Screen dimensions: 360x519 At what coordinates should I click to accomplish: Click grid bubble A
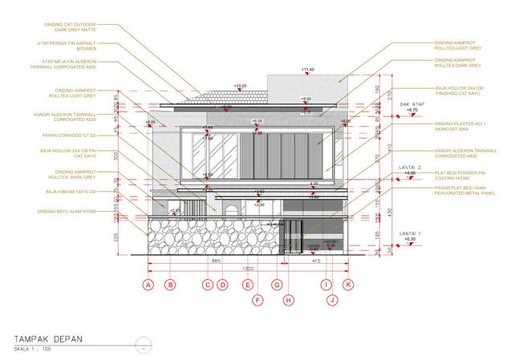pos(147,285)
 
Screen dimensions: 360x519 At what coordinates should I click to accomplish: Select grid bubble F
pos(257,300)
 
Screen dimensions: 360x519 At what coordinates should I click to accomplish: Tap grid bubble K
pos(348,285)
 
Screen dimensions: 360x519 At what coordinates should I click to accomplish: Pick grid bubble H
pos(289,300)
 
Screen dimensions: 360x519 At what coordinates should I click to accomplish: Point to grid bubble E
pos(247,285)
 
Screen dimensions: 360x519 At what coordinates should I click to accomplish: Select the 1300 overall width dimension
pos(249,268)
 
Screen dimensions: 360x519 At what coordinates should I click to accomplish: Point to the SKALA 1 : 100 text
pos(33,350)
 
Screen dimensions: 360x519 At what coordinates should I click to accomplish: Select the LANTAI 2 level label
pos(412,167)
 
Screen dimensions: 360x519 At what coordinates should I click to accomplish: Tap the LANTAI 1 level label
pos(411,233)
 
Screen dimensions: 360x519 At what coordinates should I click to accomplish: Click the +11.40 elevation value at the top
pos(307,71)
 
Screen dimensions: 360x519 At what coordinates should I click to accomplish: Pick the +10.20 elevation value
pos(241,84)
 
